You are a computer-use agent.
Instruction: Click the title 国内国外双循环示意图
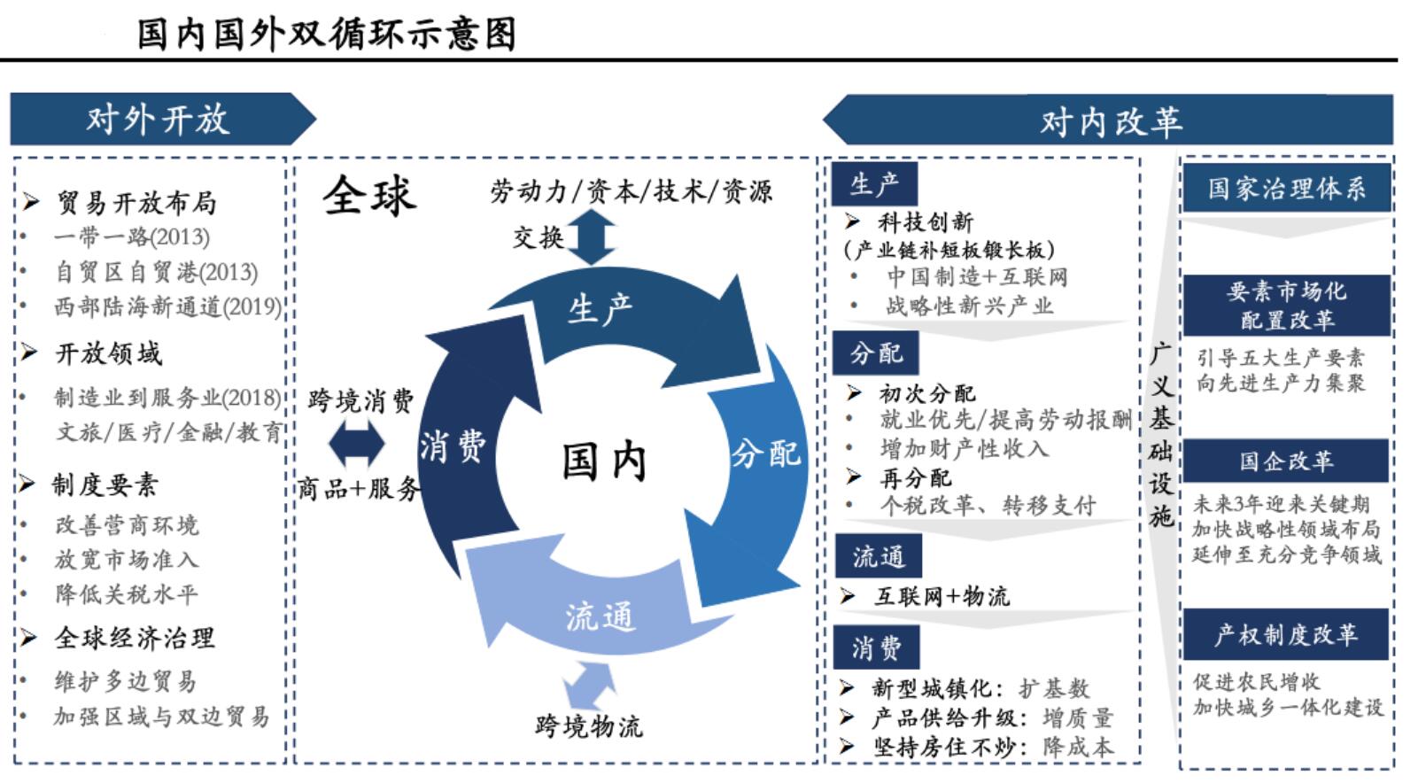click(x=326, y=34)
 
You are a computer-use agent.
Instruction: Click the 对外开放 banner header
click(x=158, y=120)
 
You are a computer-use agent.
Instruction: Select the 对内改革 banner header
click(x=1111, y=121)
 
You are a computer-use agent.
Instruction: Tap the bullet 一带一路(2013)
click(x=131, y=237)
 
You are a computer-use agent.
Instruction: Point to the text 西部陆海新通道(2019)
click(x=167, y=307)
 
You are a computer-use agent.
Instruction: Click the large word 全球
click(x=368, y=195)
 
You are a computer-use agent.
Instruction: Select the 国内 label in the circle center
click(x=604, y=461)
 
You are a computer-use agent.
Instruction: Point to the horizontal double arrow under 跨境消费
click(x=356, y=443)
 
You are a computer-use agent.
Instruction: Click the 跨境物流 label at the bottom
click(x=589, y=727)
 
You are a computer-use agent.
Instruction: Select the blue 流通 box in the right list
click(x=878, y=556)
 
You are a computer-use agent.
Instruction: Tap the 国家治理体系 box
click(x=1286, y=188)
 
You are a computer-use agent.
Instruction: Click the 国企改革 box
click(x=1286, y=461)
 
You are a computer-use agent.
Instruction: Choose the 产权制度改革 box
click(x=1286, y=634)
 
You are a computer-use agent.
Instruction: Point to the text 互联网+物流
click(x=942, y=596)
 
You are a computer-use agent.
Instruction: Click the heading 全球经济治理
click(x=134, y=638)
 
